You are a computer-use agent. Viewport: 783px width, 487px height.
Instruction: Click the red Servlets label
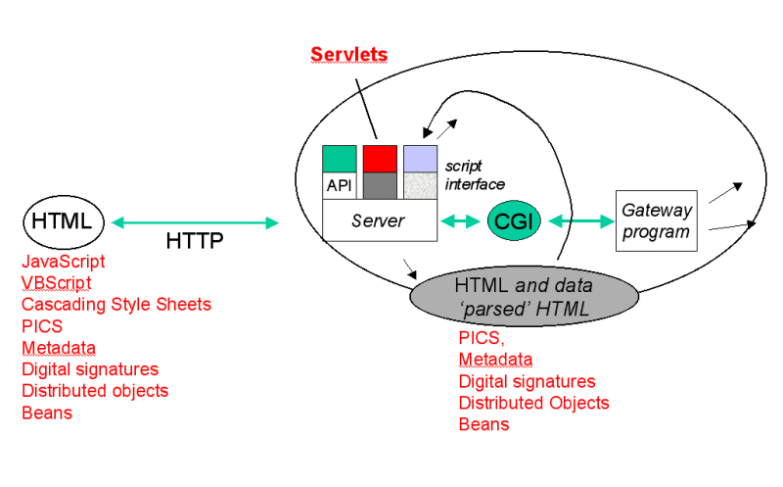[348, 54]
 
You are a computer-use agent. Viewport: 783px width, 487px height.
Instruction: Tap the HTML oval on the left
[64, 222]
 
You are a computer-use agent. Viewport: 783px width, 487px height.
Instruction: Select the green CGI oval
[513, 221]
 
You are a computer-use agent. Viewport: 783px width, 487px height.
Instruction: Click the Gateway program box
[656, 220]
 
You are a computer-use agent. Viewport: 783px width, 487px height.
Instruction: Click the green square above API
[339, 158]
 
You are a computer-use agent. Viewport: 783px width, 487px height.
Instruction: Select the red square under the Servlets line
[380, 158]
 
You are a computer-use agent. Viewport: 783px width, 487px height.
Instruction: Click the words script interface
[474, 175]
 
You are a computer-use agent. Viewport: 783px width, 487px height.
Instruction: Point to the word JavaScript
[64, 262]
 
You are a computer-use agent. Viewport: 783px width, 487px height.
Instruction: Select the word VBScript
[56, 283]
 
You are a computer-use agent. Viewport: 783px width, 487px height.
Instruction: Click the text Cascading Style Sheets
[116, 305]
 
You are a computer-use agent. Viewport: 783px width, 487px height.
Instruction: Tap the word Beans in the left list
[47, 413]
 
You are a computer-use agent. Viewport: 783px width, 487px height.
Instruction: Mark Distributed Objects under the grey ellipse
[534, 403]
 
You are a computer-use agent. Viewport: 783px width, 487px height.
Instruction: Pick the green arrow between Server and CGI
[460, 221]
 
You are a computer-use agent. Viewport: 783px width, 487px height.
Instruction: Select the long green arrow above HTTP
[196, 222]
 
